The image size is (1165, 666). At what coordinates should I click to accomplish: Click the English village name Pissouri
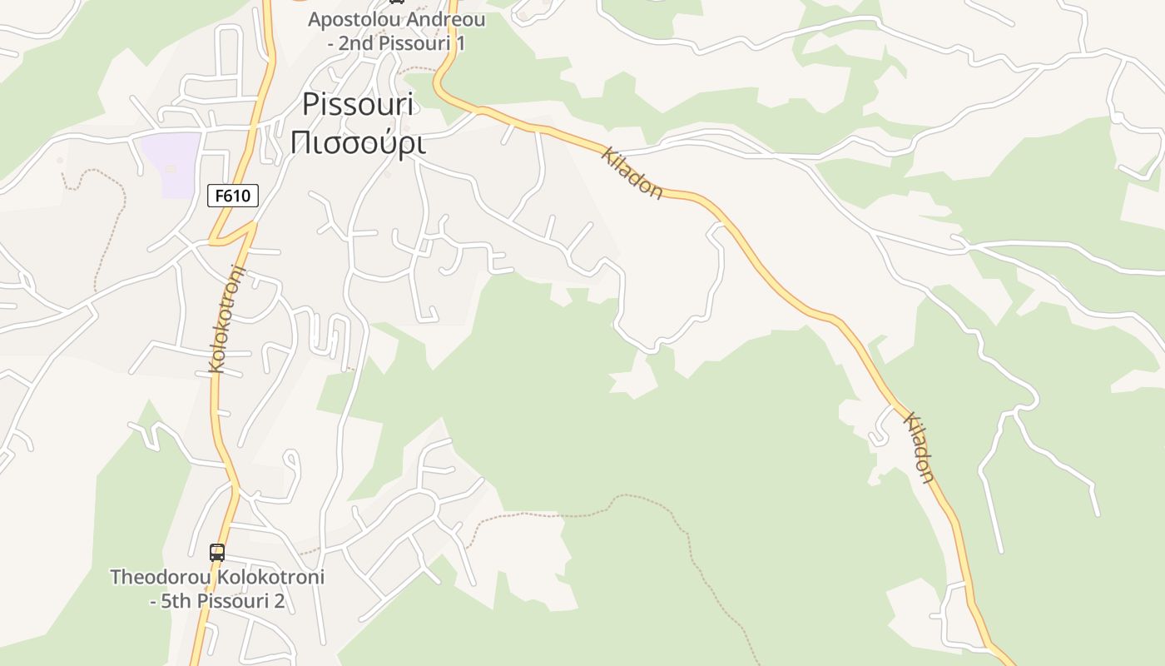point(358,105)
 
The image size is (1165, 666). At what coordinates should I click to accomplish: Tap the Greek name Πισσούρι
point(358,142)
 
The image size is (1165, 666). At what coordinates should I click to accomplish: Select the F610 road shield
point(233,196)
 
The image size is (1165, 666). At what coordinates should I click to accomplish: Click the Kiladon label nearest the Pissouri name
point(632,173)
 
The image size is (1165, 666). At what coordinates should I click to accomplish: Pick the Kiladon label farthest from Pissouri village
point(920,447)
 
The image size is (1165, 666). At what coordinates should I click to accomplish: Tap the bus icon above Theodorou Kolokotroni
point(217,552)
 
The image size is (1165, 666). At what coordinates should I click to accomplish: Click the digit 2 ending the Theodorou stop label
point(279,601)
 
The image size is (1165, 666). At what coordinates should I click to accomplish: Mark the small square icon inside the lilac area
point(171,168)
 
